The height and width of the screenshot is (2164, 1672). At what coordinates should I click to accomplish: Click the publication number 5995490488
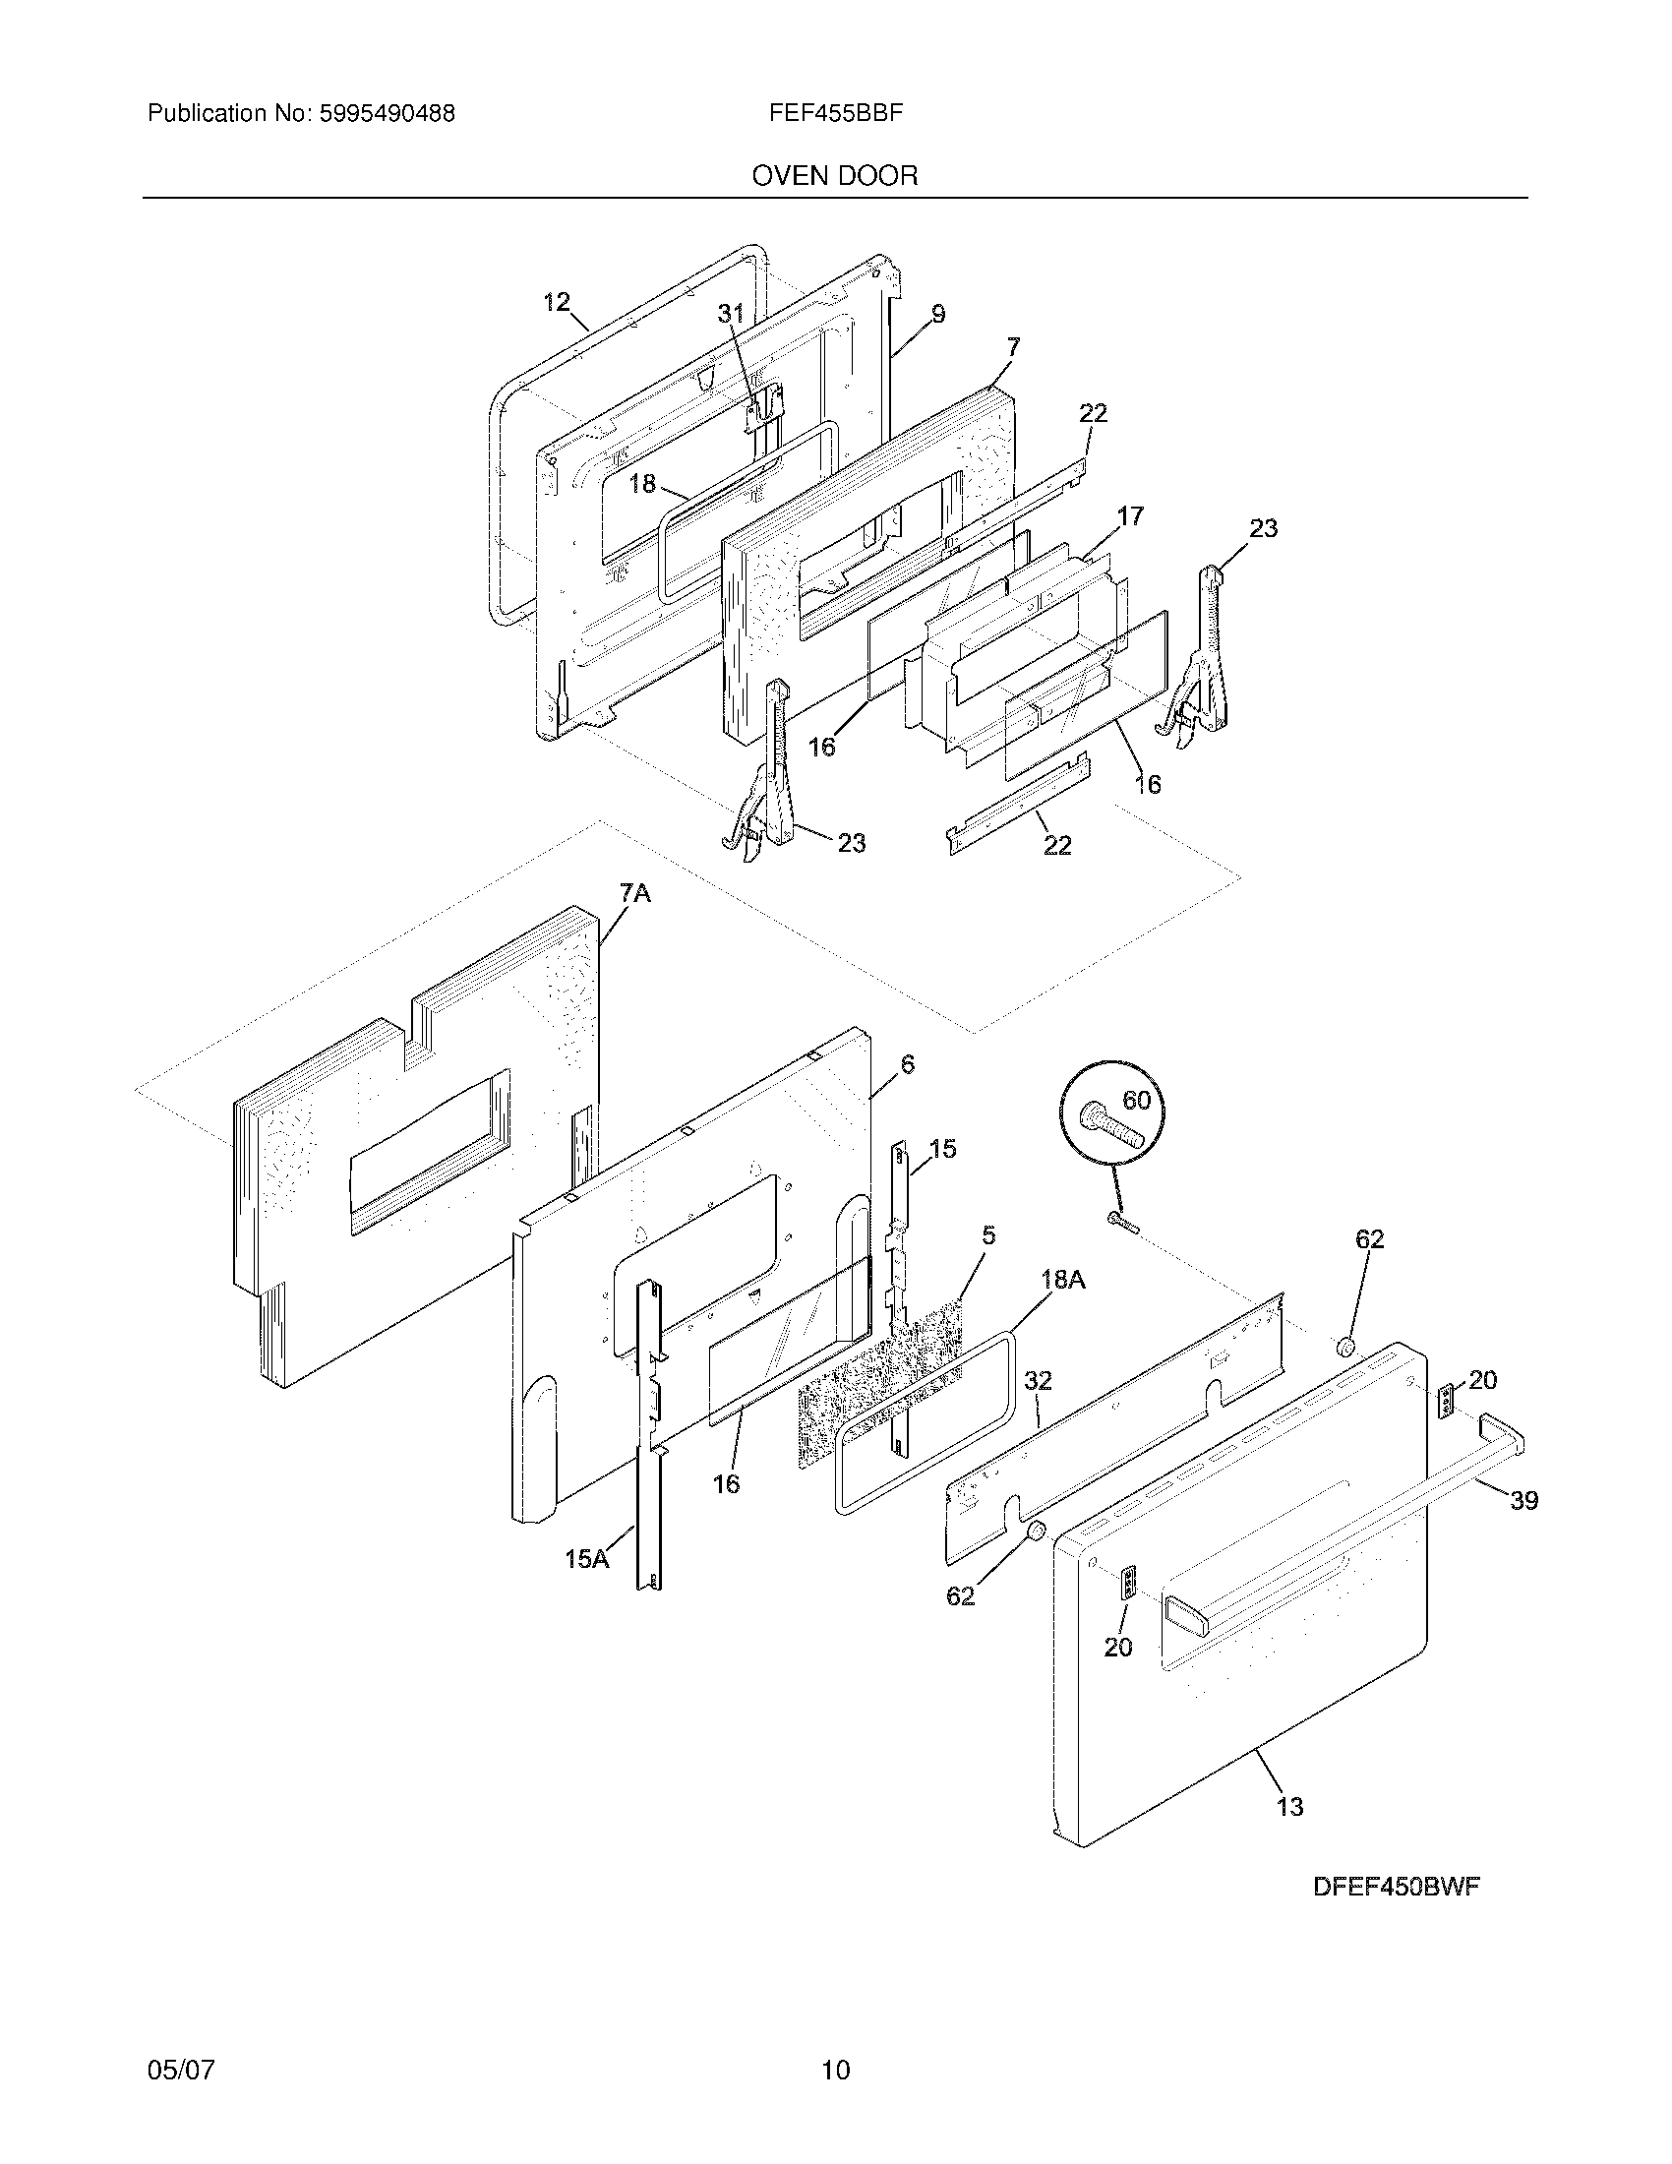click(387, 114)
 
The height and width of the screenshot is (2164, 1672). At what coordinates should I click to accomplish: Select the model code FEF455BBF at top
click(835, 113)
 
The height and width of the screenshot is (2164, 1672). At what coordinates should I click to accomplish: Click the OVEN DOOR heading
click(835, 176)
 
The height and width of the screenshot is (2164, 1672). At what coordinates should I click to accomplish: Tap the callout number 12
click(557, 302)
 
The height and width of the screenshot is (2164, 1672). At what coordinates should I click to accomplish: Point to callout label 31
click(730, 314)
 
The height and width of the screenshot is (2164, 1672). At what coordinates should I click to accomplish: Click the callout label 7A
click(635, 894)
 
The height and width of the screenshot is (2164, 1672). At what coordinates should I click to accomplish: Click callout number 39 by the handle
click(1523, 1501)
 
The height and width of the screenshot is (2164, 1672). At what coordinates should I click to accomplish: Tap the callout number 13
click(1289, 1807)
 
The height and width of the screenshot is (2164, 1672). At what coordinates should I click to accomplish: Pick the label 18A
click(1063, 1280)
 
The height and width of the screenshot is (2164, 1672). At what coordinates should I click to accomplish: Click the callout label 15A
click(586, 1560)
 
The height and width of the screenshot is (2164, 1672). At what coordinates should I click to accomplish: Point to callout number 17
click(1130, 516)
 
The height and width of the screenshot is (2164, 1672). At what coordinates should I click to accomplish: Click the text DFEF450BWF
click(1396, 1888)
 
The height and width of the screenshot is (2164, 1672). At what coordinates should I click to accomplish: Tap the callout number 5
click(988, 1235)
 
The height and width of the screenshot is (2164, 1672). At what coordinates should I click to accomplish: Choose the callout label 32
click(1037, 1380)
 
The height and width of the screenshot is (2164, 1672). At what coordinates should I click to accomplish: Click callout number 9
click(937, 314)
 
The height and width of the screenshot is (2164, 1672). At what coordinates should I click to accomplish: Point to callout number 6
click(908, 1064)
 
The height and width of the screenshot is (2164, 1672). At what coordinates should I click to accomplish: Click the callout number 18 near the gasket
click(642, 484)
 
